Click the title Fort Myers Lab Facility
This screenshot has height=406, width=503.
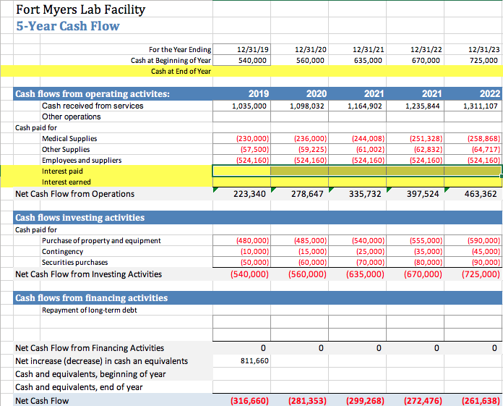(81, 10)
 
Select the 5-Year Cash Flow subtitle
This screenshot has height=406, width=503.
(68, 26)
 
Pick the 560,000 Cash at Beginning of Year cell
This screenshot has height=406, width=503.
(311, 61)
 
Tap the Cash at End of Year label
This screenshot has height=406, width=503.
(181, 72)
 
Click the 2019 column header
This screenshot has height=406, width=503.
(258, 94)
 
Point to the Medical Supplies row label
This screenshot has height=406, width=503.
(69, 138)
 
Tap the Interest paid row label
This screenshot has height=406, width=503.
(62, 172)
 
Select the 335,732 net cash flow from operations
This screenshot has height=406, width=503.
(364, 194)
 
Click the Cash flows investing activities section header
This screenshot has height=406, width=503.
(80, 218)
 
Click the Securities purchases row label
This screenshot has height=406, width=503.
(74, 262)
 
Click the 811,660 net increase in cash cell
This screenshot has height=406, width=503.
(253, 360)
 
